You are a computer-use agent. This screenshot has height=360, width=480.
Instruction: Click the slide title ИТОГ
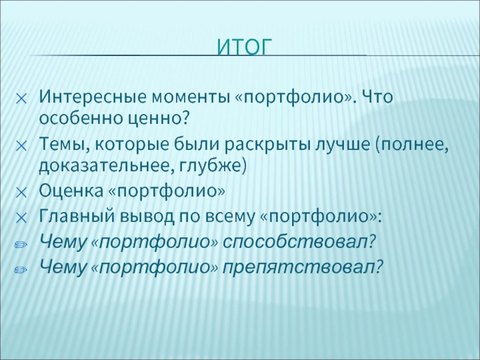pyautogui.click(x=244, y=47)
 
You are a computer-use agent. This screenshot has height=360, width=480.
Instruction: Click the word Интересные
pyautogui.click(x=93, y=97)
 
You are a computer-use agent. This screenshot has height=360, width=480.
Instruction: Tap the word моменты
pyautogui.click(x=191, y=98)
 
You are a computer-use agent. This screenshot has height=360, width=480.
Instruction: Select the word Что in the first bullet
pyautogui.click(x=377, y=97)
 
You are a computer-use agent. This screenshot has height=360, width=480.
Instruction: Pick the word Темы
pyautogui.click(x=64, y=143)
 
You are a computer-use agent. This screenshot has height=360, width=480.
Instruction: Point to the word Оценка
pyautogui.click(x=71, y=191)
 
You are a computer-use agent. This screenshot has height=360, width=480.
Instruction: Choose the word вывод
pyautogui.click(x=146, y=217)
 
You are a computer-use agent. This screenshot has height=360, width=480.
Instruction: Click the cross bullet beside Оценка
pyautogui.click(x=22, y=193)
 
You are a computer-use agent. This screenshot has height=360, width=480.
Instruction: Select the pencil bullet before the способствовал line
pyautogui.click(x=20, y=244)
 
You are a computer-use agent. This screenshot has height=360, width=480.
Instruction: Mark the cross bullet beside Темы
pyautogui.click(x=22, y=146)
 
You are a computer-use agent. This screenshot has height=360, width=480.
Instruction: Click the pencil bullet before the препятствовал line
pyautogui.click(x=20, y=269)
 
